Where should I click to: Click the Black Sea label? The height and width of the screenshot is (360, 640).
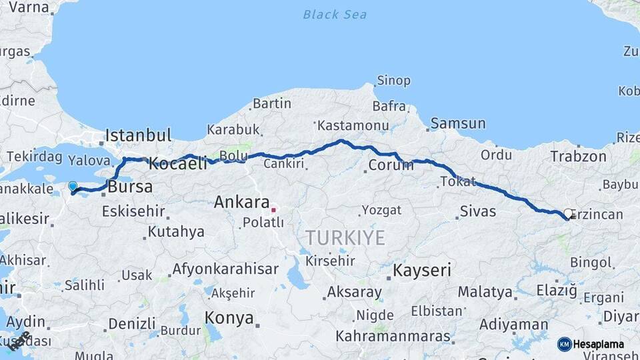335,14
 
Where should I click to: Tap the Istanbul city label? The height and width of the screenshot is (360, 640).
139,135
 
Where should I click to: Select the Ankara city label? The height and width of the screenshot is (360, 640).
241,203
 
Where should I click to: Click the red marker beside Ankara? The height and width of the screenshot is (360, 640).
273,210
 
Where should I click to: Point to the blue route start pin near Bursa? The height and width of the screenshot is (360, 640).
73,187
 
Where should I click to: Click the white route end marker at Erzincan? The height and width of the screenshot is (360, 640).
568,214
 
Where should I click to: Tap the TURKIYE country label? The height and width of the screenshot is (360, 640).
345,238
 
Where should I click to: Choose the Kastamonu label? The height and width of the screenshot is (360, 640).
353,125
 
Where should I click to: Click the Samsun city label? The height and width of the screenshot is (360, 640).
458,123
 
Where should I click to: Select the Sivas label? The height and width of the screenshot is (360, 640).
478,211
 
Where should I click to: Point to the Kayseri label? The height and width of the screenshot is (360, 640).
422,271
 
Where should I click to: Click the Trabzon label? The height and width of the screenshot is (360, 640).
578,157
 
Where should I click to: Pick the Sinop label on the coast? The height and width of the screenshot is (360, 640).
393,81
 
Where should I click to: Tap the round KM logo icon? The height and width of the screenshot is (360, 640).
564,344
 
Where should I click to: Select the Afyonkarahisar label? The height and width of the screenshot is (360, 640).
225,269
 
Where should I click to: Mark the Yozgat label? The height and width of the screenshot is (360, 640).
381,211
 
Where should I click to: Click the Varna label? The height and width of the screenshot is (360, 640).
25,8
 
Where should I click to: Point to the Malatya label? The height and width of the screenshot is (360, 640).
485,292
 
